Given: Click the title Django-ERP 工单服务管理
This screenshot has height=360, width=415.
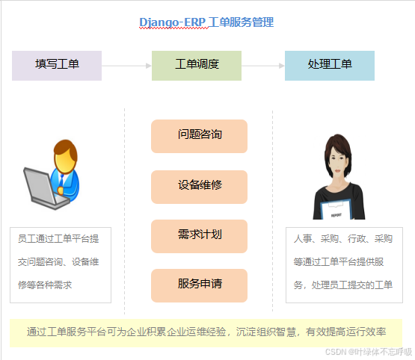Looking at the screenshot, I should coord(206,22).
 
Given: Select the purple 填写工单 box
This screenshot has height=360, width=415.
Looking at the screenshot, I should coord(57,65).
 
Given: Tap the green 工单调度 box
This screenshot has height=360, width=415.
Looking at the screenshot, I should coord(197,65).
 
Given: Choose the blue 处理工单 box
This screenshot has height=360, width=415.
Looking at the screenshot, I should coord(330,65).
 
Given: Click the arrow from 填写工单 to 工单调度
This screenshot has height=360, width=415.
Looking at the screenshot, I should coord(126,66).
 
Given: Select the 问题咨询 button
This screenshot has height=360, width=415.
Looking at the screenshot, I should coord(199,135).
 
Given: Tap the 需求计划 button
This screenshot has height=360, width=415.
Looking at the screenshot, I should coord(199,235).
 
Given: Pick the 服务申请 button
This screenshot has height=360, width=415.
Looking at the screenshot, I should coord(199,285).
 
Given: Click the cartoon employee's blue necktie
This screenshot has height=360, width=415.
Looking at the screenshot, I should coord(65,180).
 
